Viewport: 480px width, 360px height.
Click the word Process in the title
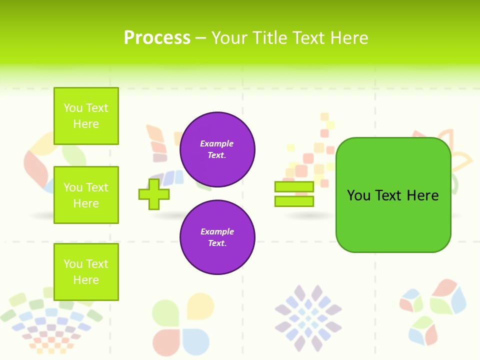pos(157,38)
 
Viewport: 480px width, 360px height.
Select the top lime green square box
pos(86,116)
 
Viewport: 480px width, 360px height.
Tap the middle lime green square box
pos(86,195)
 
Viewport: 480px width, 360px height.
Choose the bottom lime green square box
pos(86,272)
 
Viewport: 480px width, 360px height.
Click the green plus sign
pos(154,194)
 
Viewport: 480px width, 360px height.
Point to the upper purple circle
pos(217,149)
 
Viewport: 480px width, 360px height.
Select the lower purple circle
pos(217,237)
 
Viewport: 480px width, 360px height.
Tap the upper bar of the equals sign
pos(294,186)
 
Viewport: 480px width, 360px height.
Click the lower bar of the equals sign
pos(294,201)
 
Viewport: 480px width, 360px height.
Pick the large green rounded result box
pos(393,195)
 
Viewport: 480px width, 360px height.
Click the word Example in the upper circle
pos(216,143)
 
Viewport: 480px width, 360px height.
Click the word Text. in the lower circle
pos(217,243)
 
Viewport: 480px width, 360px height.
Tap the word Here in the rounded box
pos(422,195)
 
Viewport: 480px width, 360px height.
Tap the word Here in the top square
pos(86,124)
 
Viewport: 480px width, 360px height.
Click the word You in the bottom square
pos(73,264)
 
